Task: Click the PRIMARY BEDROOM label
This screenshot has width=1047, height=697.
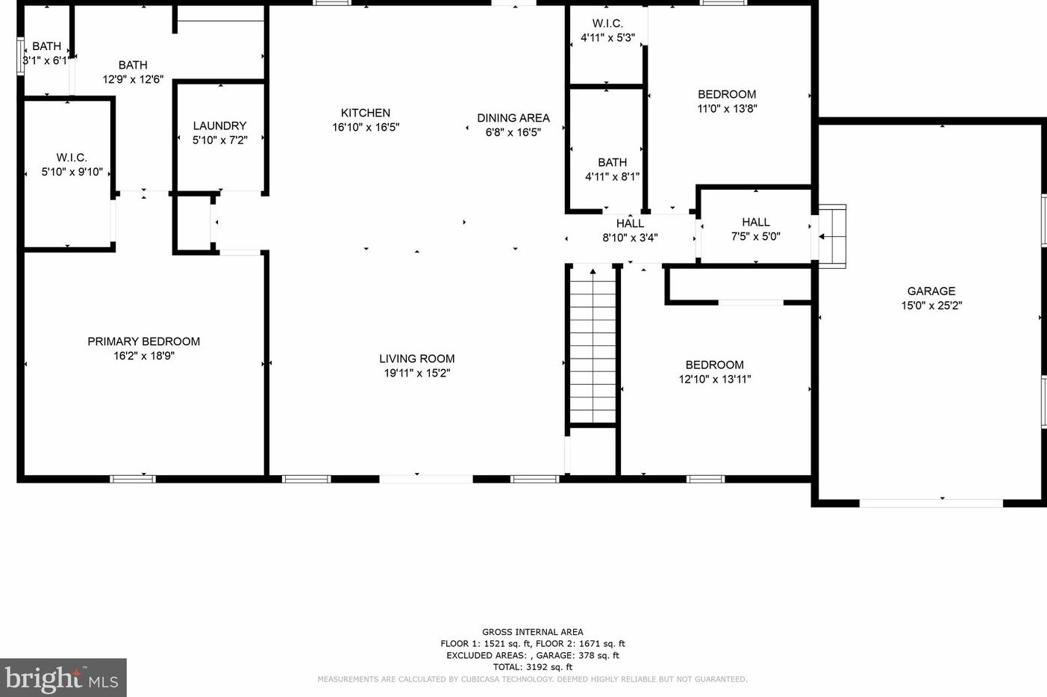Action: [x=143, y=341]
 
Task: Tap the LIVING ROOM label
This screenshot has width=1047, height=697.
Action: [x=416, y=359]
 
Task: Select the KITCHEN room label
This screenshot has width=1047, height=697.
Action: [x=366, y=113]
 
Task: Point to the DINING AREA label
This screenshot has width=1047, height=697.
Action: [x=513, y=118]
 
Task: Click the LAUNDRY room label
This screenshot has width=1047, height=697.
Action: [x=219, y=126]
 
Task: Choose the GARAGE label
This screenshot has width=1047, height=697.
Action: [x=931, y=291]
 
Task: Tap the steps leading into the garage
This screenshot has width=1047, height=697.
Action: [x=833, y=236]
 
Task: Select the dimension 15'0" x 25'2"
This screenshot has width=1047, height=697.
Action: [x=931, y=306]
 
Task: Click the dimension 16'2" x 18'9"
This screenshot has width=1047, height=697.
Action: [x=143, y=356]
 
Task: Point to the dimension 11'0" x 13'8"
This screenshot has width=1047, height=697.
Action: [x=727, y=108]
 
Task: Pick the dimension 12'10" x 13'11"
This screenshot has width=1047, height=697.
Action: [x=714, y=380]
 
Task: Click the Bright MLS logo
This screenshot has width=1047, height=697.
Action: [x=63, y=678]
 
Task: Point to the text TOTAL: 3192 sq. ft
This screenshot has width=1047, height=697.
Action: [x=532, y=667]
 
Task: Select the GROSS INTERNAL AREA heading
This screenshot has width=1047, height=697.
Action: [x=532, y=632]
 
